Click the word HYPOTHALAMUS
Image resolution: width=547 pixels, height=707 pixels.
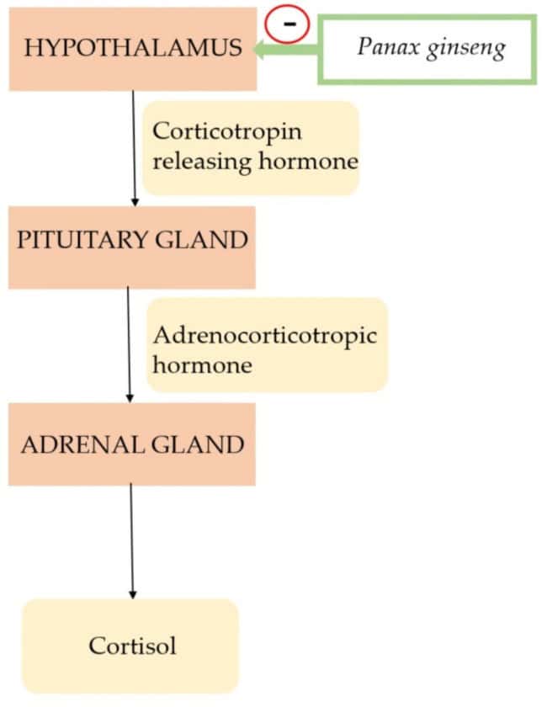(x=133, y=48)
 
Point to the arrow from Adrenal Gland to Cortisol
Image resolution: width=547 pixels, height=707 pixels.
(x=132, y=539)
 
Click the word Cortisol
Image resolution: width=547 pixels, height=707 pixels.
(x=131, y=646)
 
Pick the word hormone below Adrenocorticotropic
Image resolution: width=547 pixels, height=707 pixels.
(x=202, y=366)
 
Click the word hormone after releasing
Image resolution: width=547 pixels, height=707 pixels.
(x=305, y=161)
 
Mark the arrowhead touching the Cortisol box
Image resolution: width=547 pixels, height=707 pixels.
(x=132, y=593)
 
